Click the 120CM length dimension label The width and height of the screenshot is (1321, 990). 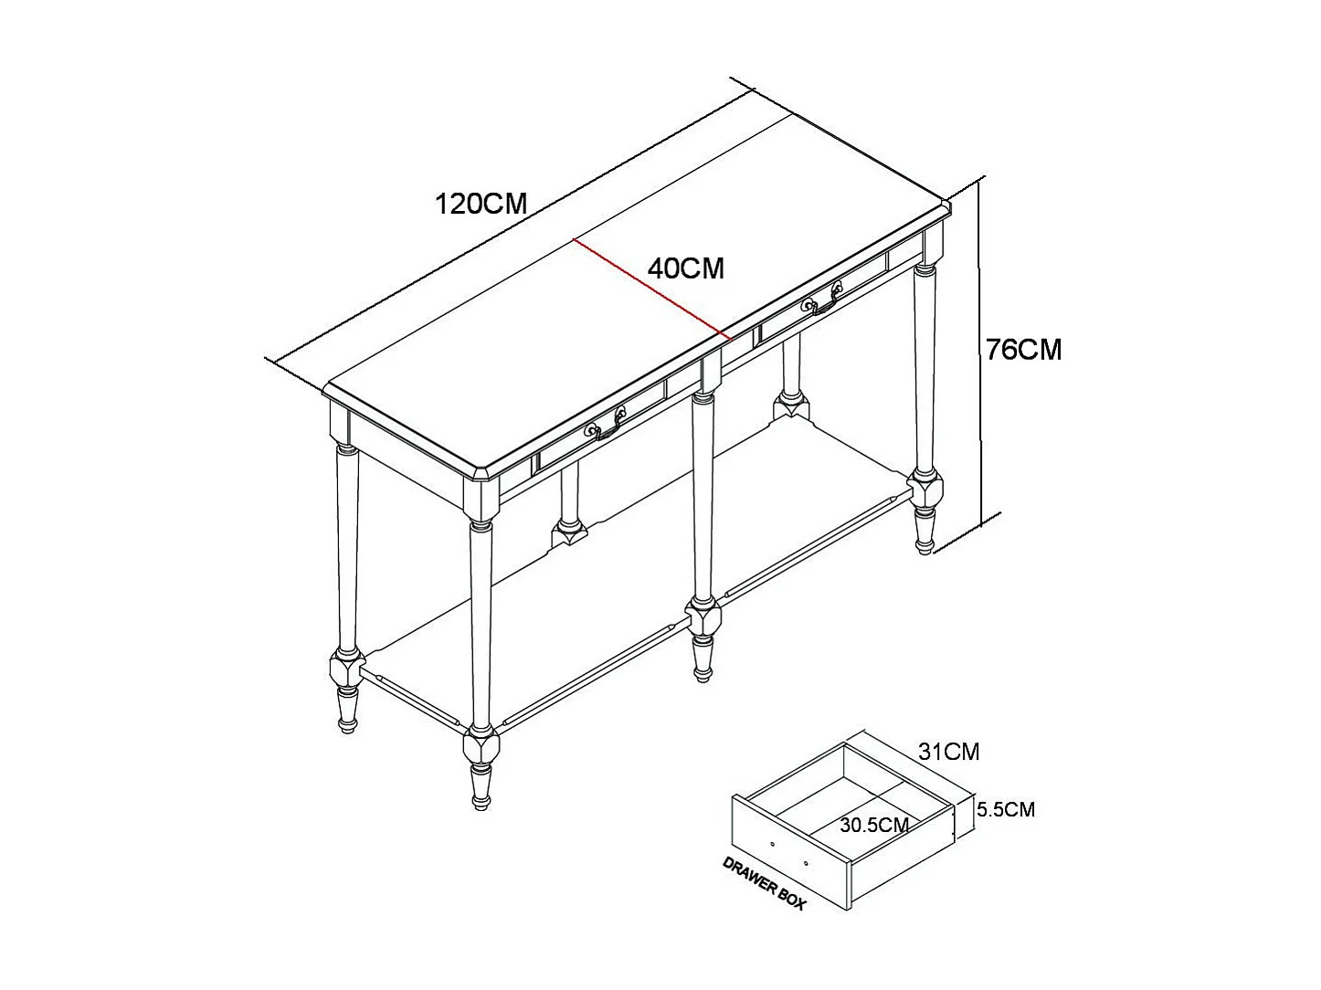point(481,203)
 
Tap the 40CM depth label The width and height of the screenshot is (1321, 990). point(685,269)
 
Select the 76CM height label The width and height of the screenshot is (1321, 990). point(1023,349)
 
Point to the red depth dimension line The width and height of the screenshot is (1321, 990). point(649,289)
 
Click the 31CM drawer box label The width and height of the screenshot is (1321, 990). point(948,752)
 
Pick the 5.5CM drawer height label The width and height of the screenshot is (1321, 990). point(1005,809)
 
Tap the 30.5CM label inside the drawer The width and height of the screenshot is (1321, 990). point(874,826)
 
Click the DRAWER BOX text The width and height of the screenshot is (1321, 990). point(764,883)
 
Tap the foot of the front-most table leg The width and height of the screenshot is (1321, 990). point(479,790)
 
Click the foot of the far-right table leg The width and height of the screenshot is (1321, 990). point(925,532)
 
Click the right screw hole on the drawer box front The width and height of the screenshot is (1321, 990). point(806,861)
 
